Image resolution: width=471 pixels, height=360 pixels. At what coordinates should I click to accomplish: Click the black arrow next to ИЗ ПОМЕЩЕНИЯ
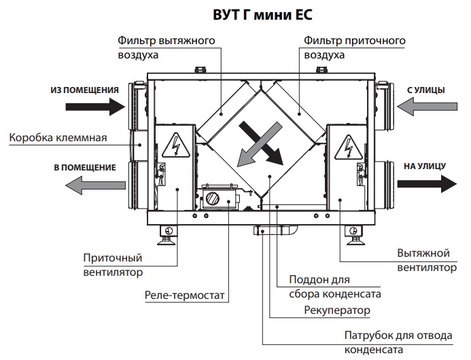coord(94,106)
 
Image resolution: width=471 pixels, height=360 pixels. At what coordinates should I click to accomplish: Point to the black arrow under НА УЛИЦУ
coord(426,183)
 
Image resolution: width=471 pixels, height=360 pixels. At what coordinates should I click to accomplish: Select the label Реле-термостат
coord(184,295)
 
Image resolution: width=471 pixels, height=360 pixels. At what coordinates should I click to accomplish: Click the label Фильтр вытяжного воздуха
coord(167,48)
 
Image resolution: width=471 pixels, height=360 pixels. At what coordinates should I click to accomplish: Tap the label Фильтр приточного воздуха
coord(355,48)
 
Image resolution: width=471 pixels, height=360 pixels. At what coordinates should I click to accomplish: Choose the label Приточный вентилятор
coord(113,266)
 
